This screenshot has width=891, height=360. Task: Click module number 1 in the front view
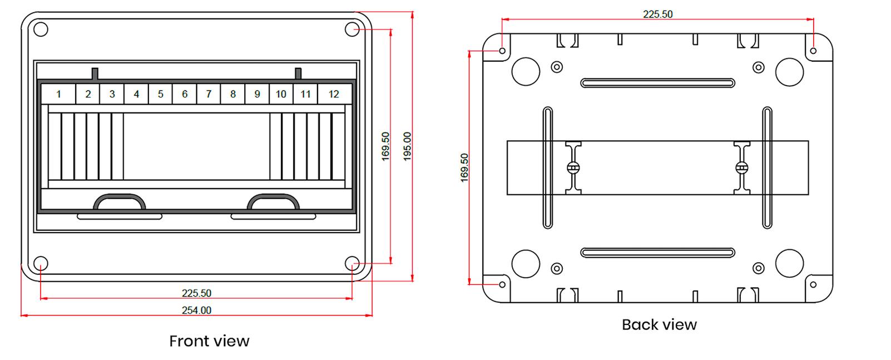(x=58, y=94)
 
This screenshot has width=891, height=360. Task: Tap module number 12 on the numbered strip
(x=333, y=94)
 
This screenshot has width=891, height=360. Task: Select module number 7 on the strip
(x=209, y=94)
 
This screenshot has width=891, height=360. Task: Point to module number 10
(x=281, y=94)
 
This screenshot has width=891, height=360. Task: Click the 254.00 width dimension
(x=196, y=310)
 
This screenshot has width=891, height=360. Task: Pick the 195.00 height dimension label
(x=407, y=146)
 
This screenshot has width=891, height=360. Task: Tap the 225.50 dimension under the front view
(x=196, y=293)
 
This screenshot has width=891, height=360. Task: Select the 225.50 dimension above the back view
(x=657, y=14)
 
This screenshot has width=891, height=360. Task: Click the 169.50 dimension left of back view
(x=464, y=167)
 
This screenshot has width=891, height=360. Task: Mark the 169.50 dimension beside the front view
(x=385, y=146)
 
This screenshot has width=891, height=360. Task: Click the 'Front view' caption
(x=209, y=341)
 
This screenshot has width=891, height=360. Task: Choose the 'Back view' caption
(x=659, y=324)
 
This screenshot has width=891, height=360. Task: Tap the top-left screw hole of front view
(x=41, y=29)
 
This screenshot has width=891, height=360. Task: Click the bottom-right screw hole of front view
(x=352, y=263)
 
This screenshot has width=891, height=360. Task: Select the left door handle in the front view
(x=120, y=201)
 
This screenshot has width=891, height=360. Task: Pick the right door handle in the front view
(x=273, y=201)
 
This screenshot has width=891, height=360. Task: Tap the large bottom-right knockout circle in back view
(x=789, y=263)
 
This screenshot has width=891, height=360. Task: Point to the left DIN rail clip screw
(x=573, y=167)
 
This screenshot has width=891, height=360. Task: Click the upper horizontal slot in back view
(x=657, y=83)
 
